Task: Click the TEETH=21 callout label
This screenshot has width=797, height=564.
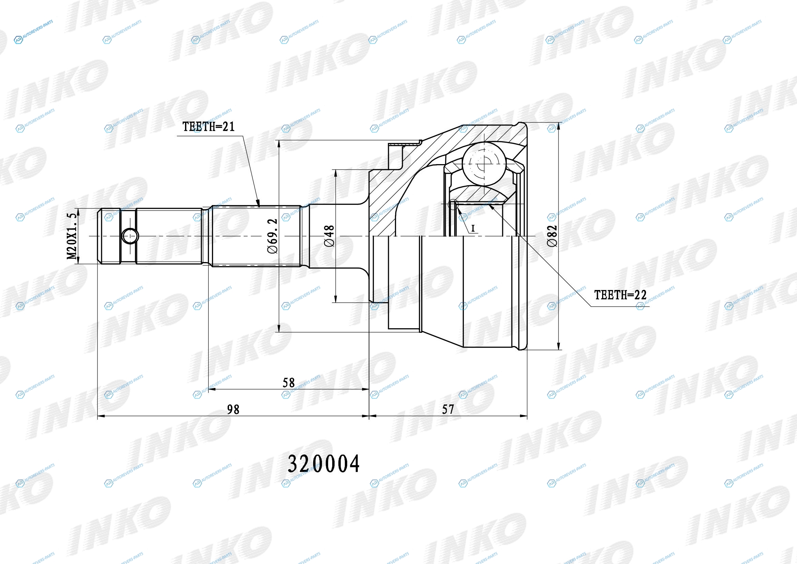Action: (x=209, y=127)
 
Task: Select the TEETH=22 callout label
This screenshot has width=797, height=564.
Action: (x=620, y=295)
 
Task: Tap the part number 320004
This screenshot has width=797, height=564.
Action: (x=323, y=464)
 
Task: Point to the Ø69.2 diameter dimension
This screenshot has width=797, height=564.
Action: (x=273, y=236)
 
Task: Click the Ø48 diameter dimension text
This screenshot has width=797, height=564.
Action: (x=329, y=236)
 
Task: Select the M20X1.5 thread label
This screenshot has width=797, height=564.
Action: (x=72, y=236)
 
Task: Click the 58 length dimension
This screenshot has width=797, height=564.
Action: (x=289, y=383)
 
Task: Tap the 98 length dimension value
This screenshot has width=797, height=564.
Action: (x=233, y=410)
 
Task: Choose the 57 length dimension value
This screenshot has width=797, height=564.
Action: (x=448, y=409)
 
